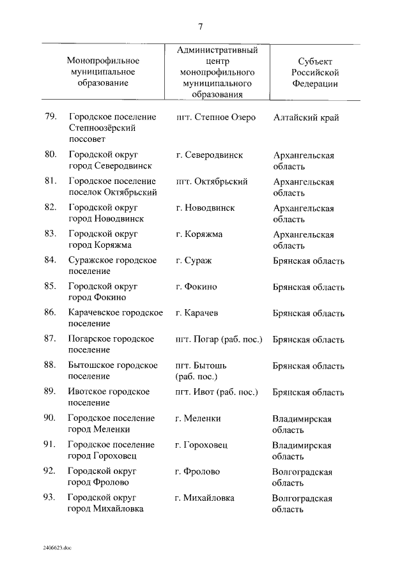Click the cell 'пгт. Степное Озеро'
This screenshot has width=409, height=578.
pos(215,118)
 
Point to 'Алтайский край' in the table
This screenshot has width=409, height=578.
pos(305,118)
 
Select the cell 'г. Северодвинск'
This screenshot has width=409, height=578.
pos(209,155)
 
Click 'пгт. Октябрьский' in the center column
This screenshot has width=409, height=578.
pos(212,181)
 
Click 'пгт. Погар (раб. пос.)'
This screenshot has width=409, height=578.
pos(219,339)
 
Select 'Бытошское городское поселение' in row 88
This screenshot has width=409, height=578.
pos(112,371)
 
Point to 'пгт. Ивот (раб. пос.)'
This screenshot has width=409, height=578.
pos(217,392)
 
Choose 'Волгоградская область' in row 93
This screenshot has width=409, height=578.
pos(302,503)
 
